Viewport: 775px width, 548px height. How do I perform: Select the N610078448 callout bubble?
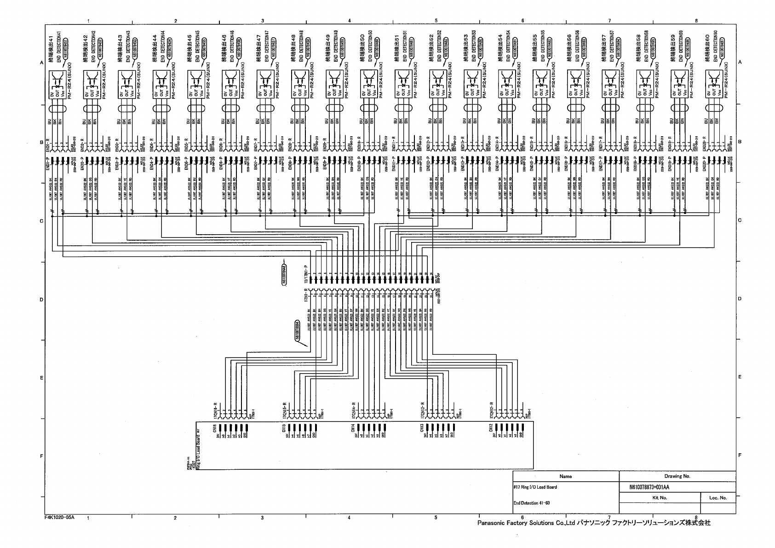tap(284, 274)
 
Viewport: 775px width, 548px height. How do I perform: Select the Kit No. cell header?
tap(660, 497)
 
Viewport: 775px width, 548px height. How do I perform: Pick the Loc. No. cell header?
tap(718, 497)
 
